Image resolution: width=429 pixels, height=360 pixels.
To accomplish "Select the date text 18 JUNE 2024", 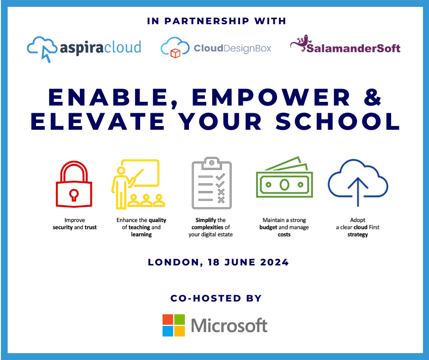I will point(244,262).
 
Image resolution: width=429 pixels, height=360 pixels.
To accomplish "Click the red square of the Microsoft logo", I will point(168,319).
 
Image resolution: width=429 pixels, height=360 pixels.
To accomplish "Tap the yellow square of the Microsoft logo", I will point(179,331).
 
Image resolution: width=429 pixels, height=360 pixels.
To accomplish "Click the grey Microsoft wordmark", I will point(229,325).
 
